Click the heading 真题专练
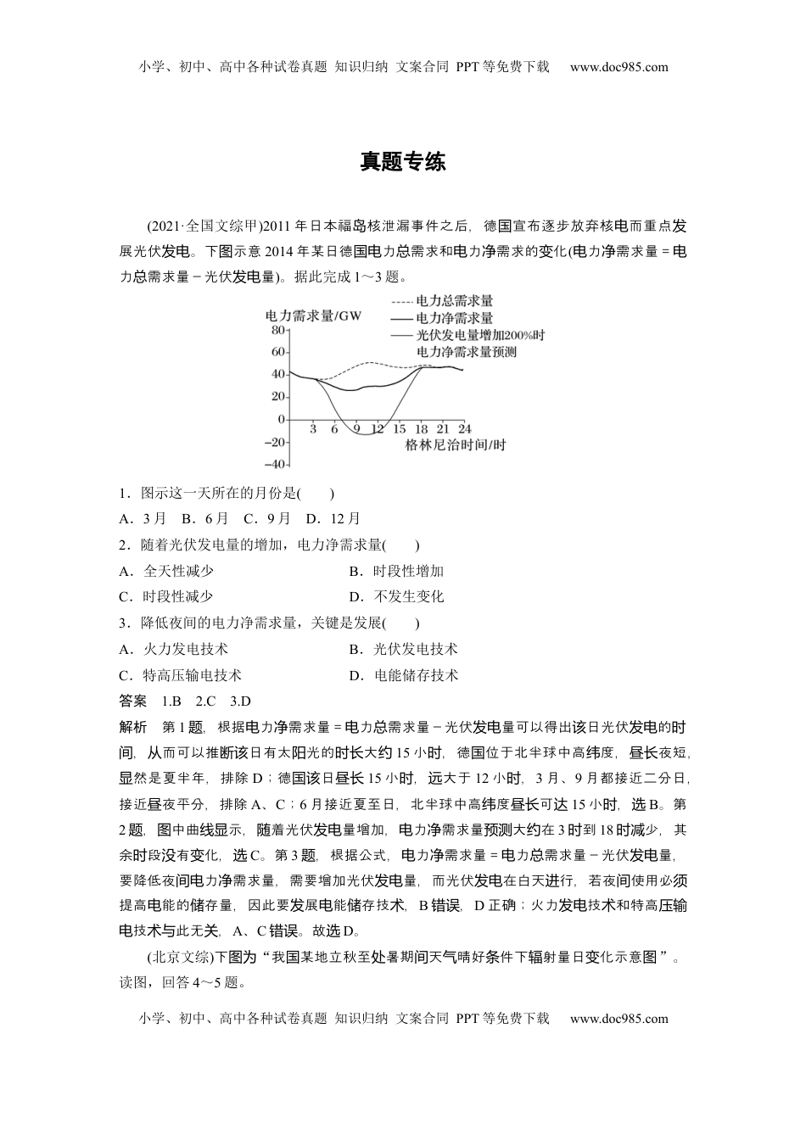tap(402, 162)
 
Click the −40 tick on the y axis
tap(274, 464)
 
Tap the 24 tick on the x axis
tap(464, 429)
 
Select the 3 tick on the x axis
tap(313, 429)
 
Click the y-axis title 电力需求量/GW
tap(313, 316)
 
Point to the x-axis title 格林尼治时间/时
tap(455, 444)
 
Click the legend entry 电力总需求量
tap(455, 301)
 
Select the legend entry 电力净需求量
tap(455, 318)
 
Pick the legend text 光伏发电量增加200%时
tap(480, 335)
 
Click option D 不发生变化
tap(396, 596)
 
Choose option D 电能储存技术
tap(404, 675)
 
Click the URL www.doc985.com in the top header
tap(618, 68)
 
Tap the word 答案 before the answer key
tap(132, 701)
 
